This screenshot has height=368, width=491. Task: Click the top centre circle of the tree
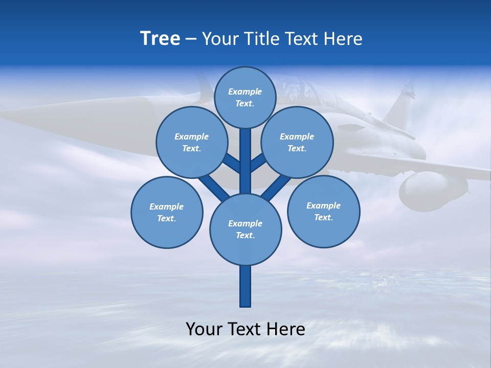[x=245, y=97]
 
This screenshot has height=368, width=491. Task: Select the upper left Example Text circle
[x=192, y=142]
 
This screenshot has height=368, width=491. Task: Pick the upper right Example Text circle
[x=297, y=142]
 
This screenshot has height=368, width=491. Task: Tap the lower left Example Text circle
[x=167, y=212]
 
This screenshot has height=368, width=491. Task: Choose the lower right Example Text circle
[x=324, y=211]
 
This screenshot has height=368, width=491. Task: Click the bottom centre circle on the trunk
[x=245, y=229]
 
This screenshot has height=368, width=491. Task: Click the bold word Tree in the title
[x=160, y=38]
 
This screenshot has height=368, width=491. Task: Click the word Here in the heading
[x=344, y=38]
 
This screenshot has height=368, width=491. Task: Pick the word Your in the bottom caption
[x=205, y=329]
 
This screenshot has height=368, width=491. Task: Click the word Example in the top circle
[x=245, y=91]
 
